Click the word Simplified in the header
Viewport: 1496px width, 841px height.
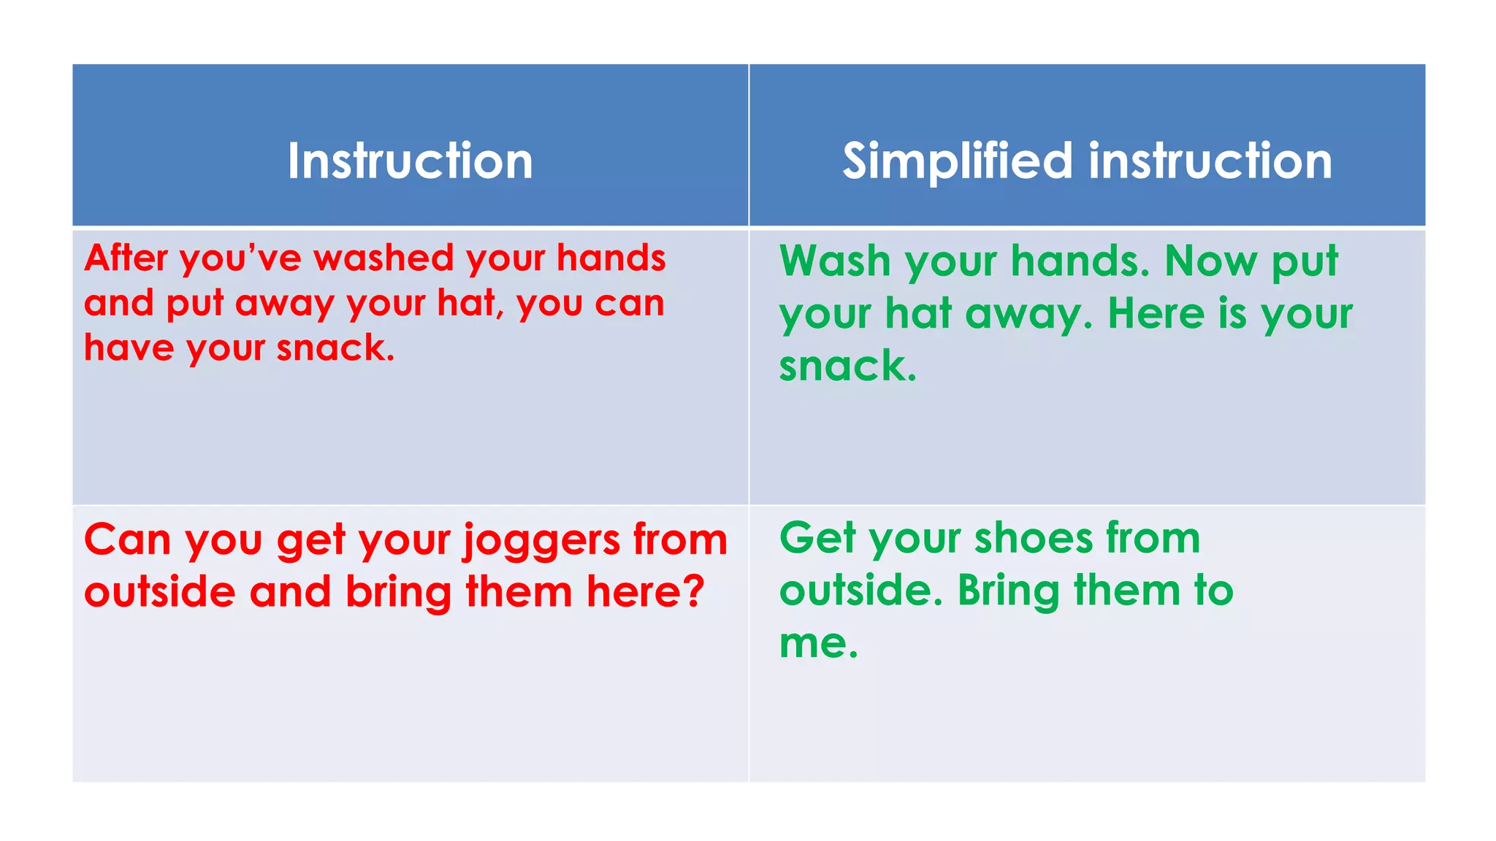tap(958, 162)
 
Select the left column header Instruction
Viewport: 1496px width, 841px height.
tap(410, 161)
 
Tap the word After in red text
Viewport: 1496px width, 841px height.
tap(126, 258)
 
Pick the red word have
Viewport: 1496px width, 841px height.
tap(129, 347)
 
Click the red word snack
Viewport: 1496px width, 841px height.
tap(335, 348)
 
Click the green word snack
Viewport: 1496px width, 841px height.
tap(846, 366)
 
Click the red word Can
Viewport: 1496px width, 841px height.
tap(127, 540)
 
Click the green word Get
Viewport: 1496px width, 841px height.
tap(817, 539)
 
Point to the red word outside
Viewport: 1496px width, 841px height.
tap(159, 592)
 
